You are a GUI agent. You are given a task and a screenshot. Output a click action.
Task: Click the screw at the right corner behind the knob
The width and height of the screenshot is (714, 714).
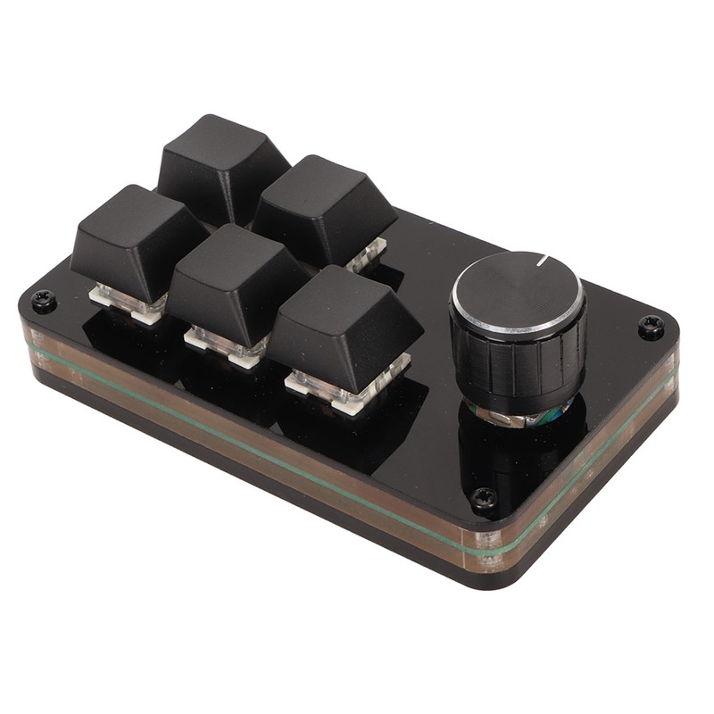pos(651,328)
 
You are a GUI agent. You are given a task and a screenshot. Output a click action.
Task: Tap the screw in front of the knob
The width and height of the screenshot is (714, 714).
pos(485,498)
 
